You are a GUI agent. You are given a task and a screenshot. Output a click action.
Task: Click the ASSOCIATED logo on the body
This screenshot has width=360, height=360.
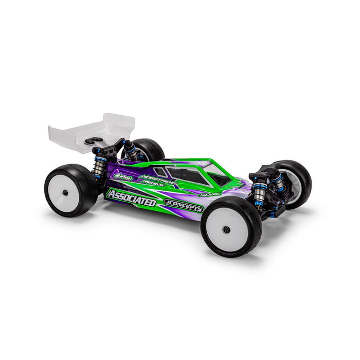click(x=131, y=198)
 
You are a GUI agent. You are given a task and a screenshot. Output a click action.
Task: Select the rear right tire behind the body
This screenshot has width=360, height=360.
click(x=149, y=149)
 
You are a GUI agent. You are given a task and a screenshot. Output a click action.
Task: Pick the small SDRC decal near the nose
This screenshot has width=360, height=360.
click(x=209, y=194)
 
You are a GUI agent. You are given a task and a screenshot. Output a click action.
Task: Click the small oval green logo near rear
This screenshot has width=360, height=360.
click(x=123, y=177)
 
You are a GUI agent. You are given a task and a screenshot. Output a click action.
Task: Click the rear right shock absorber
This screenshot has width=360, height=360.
click(x=130, y=151)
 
